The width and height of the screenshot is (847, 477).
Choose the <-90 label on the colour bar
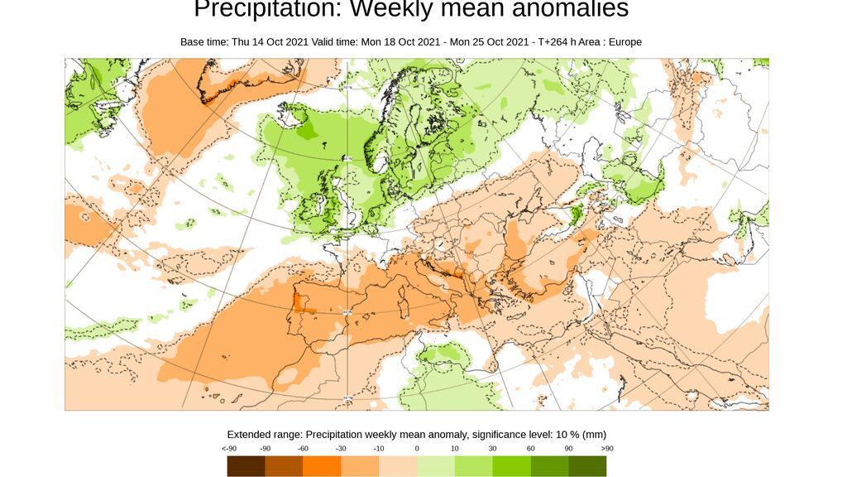pos(229,448)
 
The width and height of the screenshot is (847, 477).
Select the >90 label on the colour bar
pos(606,448)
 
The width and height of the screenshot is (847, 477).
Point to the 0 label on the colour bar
pos(417,448)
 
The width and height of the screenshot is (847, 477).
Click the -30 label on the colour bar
pos(341,448)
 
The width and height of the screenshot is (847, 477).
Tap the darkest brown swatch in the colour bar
pos(246,466)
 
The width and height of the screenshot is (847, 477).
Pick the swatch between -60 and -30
pos(322,466)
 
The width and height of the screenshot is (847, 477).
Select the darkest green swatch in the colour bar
pos(587,466)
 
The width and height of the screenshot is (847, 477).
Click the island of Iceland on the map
pos(295,116)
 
